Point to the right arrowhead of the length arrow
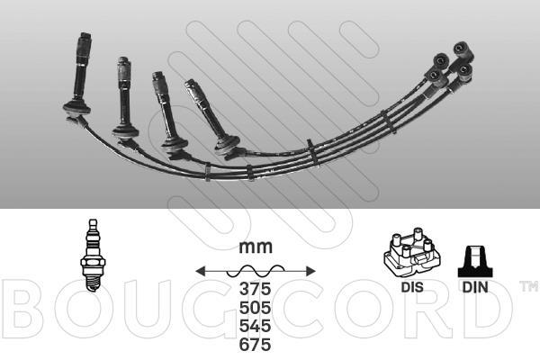(x=310, y=270)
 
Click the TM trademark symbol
(x=528, y=287)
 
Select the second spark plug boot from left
(x=125, y=95)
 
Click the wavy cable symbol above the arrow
(x=256, y=269)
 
